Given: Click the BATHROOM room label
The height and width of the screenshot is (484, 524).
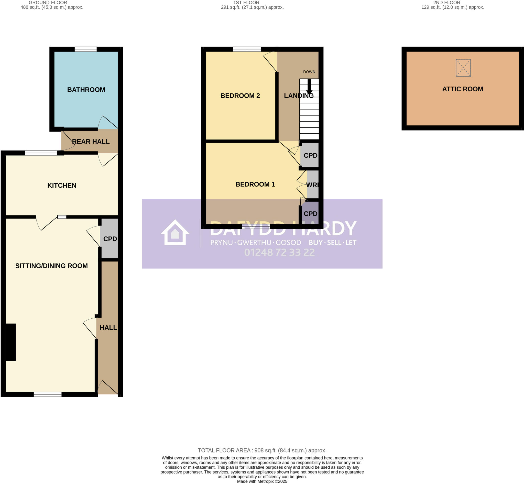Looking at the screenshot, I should pos(86,90).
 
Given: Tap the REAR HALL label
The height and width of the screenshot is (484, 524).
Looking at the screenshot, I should pos(91,142).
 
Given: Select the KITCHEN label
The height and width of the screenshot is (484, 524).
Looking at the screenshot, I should pos(62,185).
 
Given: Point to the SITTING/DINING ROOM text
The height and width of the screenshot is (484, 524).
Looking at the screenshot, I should pos(51,266).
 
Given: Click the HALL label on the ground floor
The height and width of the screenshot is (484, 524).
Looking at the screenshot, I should pos(108,328).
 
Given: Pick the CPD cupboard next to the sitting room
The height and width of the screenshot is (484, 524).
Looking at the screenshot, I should pos(110,239).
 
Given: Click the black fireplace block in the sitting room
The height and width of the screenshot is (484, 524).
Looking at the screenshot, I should pos(11,342).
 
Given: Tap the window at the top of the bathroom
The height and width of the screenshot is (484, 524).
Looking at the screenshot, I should pos(86,49).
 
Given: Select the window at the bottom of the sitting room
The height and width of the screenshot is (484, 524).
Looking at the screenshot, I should pos(48,394).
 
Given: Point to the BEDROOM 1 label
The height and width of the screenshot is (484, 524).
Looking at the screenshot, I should pos(255,184).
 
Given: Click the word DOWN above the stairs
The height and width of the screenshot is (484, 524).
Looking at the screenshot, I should pos(309,72).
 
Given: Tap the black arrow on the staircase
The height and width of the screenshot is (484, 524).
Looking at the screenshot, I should pos(309,88).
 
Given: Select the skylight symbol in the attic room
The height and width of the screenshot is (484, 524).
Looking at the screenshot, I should pos(463,68).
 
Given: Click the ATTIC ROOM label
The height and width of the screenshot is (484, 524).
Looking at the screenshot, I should pos(462,89).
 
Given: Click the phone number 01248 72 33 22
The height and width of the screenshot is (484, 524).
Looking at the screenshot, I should pos(279,252).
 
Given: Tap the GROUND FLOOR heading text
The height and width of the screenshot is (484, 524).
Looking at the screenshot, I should pos(48,3).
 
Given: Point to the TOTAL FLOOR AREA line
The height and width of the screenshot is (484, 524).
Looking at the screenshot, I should pos(262,450).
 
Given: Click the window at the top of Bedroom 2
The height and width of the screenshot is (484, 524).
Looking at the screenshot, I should pos(247,49).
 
